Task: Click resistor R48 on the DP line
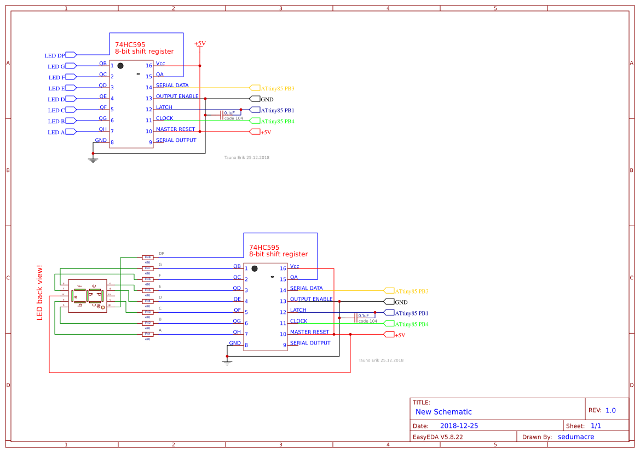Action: coord(147,257)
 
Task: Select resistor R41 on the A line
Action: coord(147,334)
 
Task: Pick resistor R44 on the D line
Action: coord(147,301)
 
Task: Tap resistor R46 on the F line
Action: coord(147,279)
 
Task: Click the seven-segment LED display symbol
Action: coord(88,296)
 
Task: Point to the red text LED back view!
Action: coord(39,293)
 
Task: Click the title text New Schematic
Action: coord(443,412)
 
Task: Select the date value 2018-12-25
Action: coord(459,426)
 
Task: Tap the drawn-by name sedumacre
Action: coord(575,437)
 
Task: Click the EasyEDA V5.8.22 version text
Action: coord(437,437)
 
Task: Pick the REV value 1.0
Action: coord(610,410)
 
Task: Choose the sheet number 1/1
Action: coord(596,426)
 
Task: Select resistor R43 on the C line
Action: coord(147,312)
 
